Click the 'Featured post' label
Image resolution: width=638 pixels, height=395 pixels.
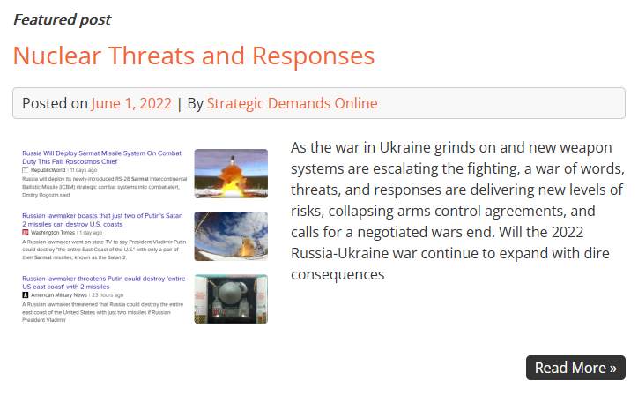tap(62, 19)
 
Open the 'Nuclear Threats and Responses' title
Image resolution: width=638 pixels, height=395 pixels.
tap(193, 56)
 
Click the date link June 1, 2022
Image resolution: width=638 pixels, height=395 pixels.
tap(131, 103)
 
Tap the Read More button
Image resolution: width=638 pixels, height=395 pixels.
tap(575, 368)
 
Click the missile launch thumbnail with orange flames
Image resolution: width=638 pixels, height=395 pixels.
tap(231, 174)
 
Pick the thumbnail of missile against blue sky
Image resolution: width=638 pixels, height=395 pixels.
tap(231, 236)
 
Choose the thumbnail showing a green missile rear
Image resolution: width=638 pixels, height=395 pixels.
tap(231, 299)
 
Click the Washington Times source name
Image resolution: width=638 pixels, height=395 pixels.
tap(56, 232)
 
